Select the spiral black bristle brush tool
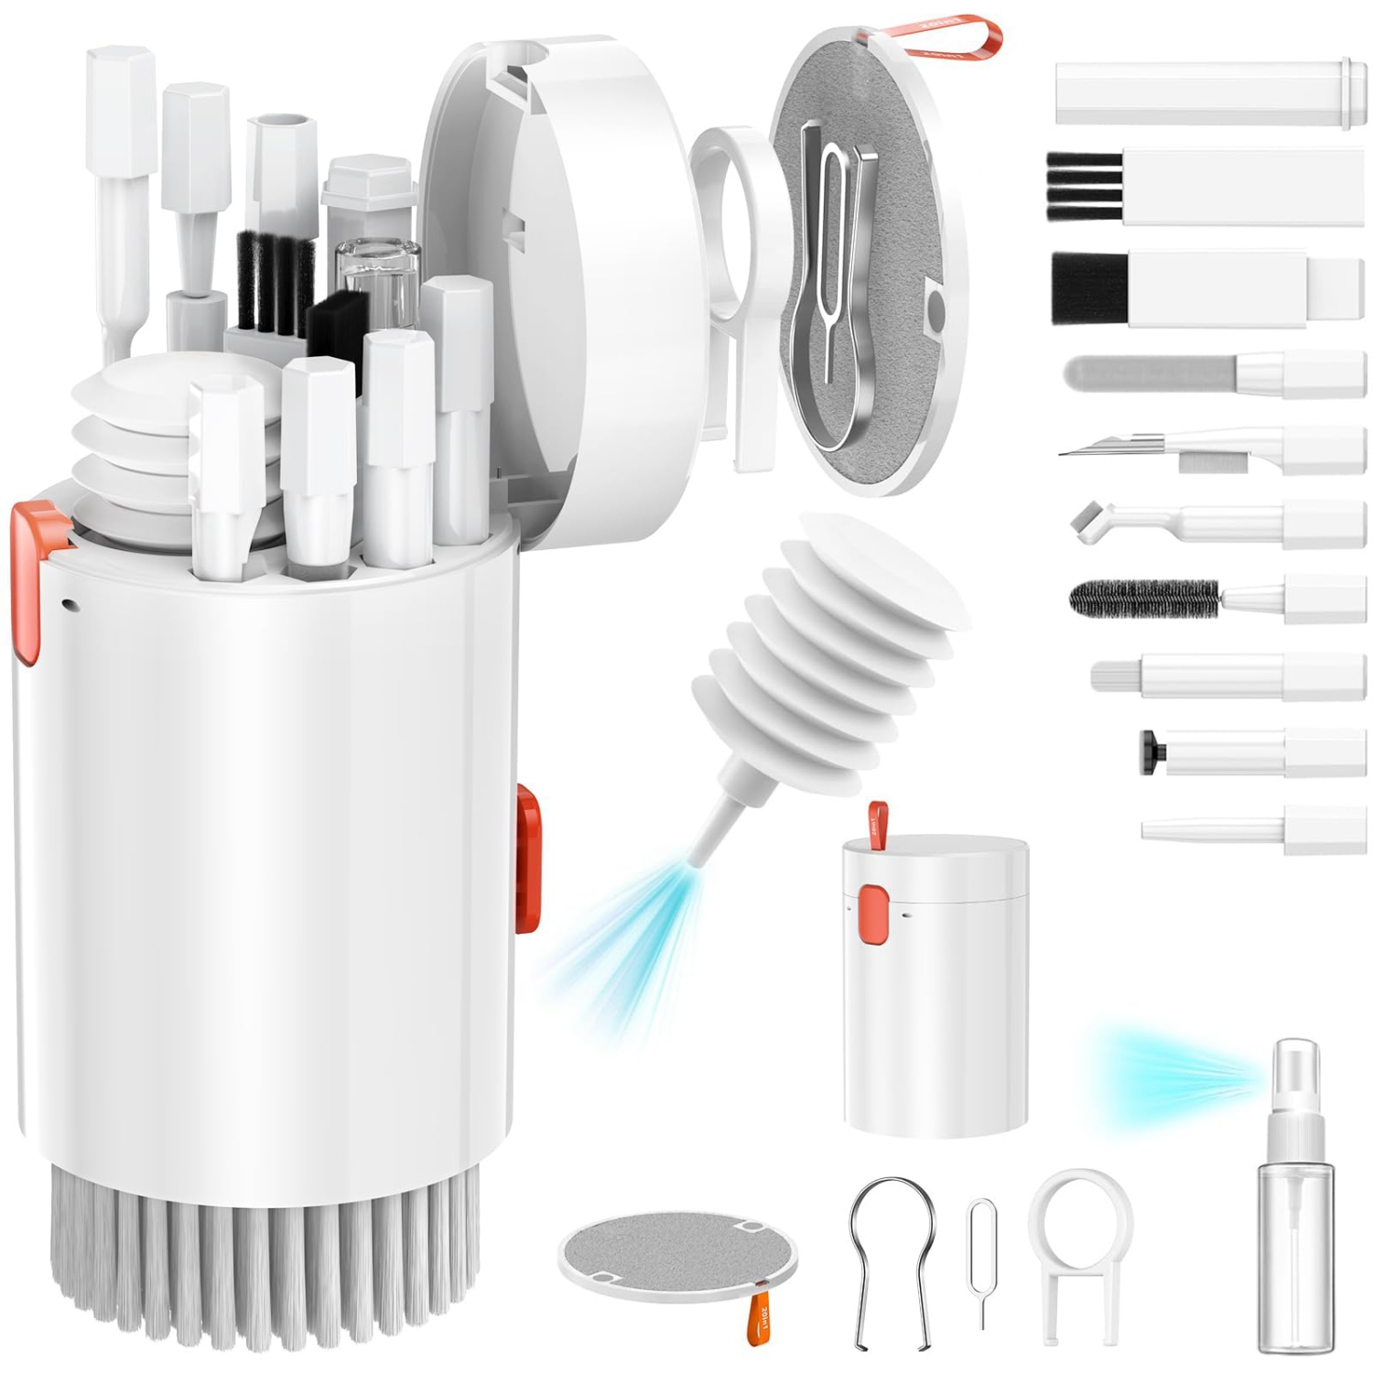click(x=1144, y=600)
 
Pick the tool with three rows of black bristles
click(x=1085, y=187)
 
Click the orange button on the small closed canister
click(x=873, y=905)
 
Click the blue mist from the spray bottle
click(x=1162, y=1076)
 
